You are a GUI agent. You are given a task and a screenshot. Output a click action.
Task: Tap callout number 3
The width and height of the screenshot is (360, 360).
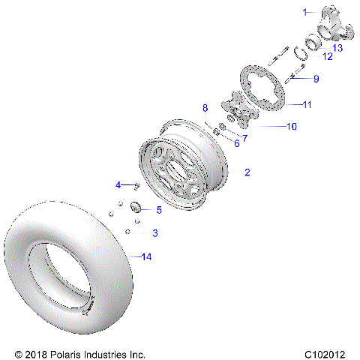pyautogui.click(x=155, y=233)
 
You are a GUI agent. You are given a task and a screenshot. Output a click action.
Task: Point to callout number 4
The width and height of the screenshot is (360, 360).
pyautogui.click(x=118, y=184)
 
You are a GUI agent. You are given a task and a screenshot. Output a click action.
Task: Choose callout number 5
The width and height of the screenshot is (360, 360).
pyautogui.click(x=158, y=210)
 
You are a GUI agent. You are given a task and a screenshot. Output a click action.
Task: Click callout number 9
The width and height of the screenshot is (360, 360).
pyautogui.click(x=316, y=78)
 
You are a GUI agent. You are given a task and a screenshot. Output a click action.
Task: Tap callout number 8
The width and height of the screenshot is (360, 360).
pyautogui.click(x=205, y=109)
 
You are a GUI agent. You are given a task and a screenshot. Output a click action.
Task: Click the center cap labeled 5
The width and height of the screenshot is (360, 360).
pyautogui.click(x=137, y=206)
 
